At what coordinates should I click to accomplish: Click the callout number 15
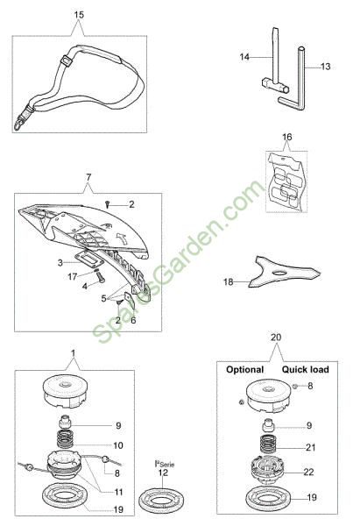click(79, 15)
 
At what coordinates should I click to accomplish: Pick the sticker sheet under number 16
click(286, 182)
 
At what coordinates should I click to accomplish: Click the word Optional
click(244, 369)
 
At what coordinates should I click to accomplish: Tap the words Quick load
click(305, 369)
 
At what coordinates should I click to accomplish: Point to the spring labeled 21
click(269, 444)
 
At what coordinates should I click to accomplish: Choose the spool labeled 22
click(268, 468)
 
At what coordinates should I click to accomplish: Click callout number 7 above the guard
click(88, 177)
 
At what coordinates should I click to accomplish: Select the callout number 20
click(276, 338)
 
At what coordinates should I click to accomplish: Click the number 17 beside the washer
click(73, 277)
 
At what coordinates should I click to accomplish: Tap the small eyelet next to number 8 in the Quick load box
click(295, 386)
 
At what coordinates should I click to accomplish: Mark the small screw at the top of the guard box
click(108, 203)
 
